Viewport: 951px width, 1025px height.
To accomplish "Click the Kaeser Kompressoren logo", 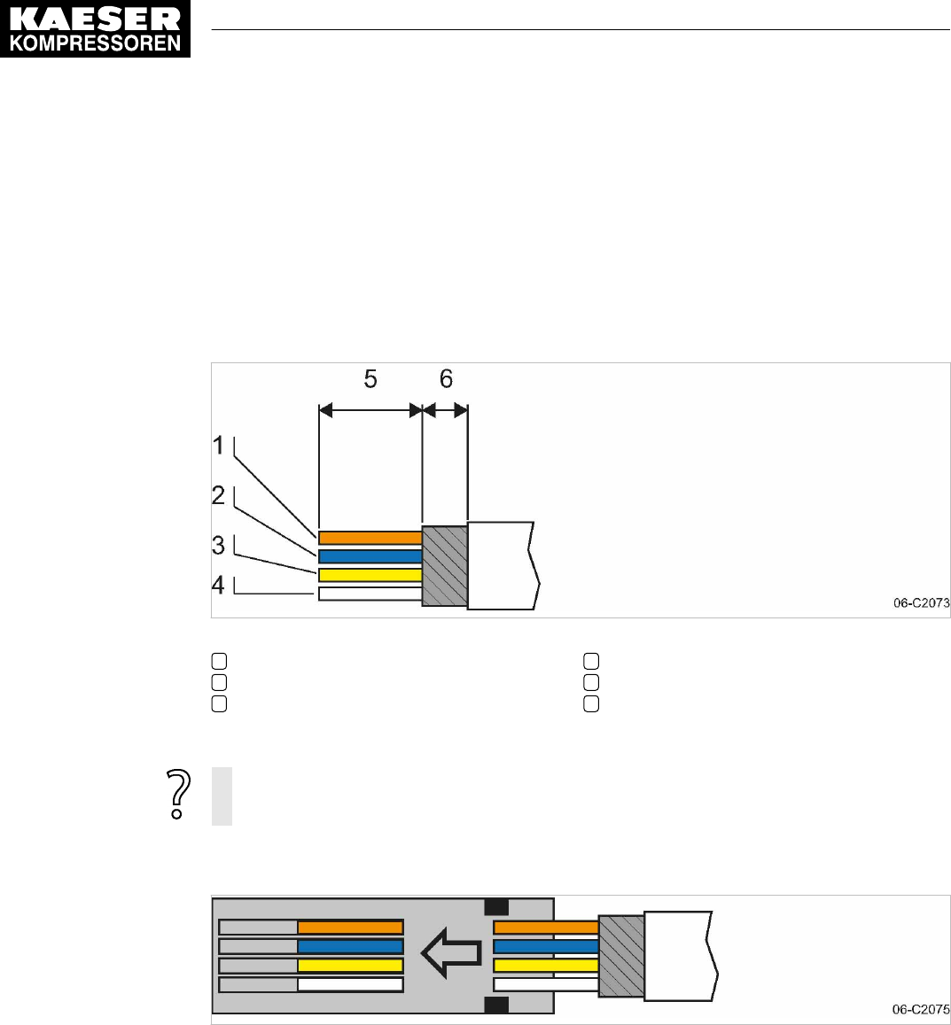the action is (96, 28).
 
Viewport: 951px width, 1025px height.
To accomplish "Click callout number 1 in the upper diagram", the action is (218, 446).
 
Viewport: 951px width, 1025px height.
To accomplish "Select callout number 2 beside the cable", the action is (218, 495).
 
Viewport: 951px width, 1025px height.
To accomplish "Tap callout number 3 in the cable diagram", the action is (218, 545).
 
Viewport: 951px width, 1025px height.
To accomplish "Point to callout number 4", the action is (218, 585).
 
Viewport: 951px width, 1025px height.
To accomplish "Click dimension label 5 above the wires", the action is (370, 379).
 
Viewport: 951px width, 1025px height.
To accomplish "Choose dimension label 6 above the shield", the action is (446, 379).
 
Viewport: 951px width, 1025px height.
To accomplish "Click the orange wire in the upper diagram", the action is (370, 538).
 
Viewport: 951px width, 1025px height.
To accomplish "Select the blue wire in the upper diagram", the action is (370, 556).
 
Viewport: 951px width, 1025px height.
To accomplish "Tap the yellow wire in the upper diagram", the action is (370, 575).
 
